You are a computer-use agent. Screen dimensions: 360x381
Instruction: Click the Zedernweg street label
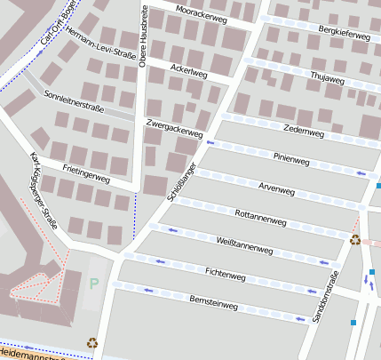click(303, 131)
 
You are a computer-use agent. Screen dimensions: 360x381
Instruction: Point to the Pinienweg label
click(290, 160)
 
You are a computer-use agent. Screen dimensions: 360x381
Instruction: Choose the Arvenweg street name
click(275, 189)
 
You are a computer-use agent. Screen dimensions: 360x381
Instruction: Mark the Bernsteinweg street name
click(214, 304)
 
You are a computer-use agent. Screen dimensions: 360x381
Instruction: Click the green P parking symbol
click(94, 284)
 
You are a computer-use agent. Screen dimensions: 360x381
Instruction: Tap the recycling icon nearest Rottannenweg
click(355, 239)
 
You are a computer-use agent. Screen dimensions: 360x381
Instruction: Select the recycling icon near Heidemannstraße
click(92, 342)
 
